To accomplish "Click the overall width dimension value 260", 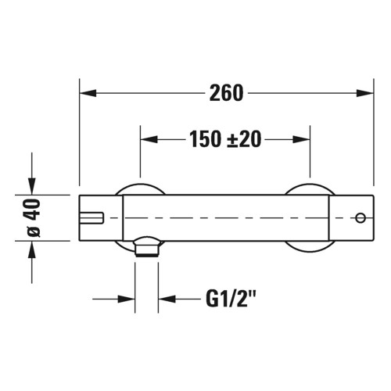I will click(227, 93).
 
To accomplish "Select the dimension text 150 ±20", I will click(224, 140).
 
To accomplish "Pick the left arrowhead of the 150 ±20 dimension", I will click(147, 140).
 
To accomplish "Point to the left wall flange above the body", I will click(141, 188).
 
